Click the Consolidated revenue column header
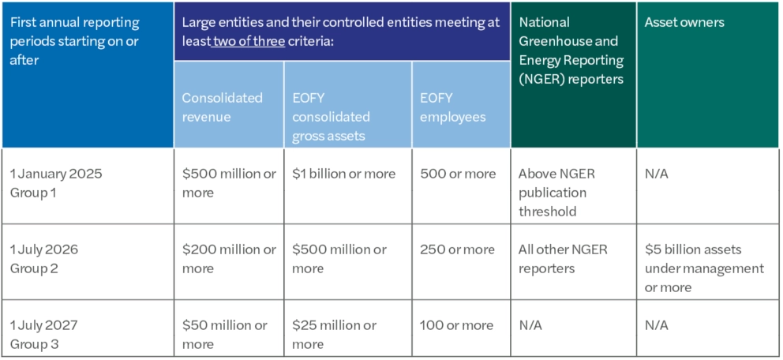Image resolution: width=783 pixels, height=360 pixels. [x=223, y=107]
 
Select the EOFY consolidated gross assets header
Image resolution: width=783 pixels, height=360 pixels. [x=331, y=117]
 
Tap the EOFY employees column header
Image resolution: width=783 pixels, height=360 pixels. [x=452, y=107]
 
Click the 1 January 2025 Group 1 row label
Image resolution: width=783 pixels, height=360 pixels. [x=56, y=182]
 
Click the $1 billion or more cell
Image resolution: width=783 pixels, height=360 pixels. [x=343, y=174]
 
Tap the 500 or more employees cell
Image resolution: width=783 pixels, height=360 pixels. [x=458, y=174]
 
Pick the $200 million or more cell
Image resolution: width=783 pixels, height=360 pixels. [x=229, y=258]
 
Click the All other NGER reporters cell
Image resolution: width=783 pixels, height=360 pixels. [x=563, y=258]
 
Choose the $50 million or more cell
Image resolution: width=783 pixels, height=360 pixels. [x=225, y=334]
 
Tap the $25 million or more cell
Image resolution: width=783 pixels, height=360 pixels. [x=334, y=334]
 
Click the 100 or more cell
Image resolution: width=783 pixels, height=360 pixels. [x=457, y=325]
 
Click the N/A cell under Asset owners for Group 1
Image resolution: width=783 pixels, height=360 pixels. [x=656, y=174]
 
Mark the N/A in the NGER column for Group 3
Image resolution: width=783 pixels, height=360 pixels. [x=530, y=325]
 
